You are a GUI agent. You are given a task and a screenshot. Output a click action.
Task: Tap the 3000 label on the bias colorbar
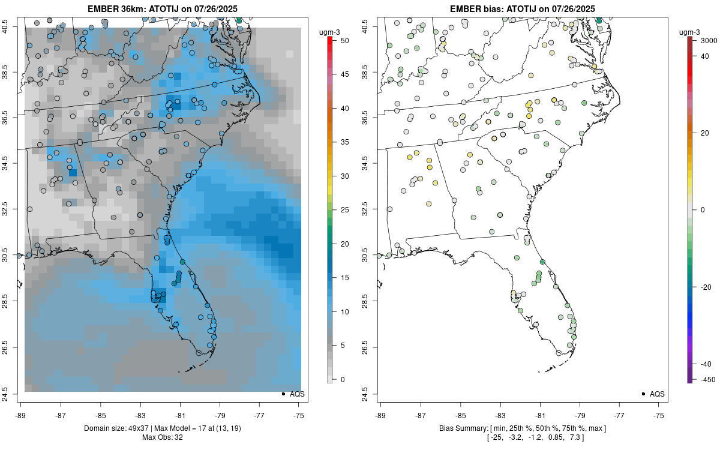tap(701, 40)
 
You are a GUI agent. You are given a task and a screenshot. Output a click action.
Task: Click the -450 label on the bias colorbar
tap(700, 379)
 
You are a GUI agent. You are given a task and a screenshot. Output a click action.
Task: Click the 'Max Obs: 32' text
tap(163, 437)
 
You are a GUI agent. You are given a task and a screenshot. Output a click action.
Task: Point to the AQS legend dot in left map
tap(283, 394)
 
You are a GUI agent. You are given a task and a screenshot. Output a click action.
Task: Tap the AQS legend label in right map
tap(657, 394)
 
